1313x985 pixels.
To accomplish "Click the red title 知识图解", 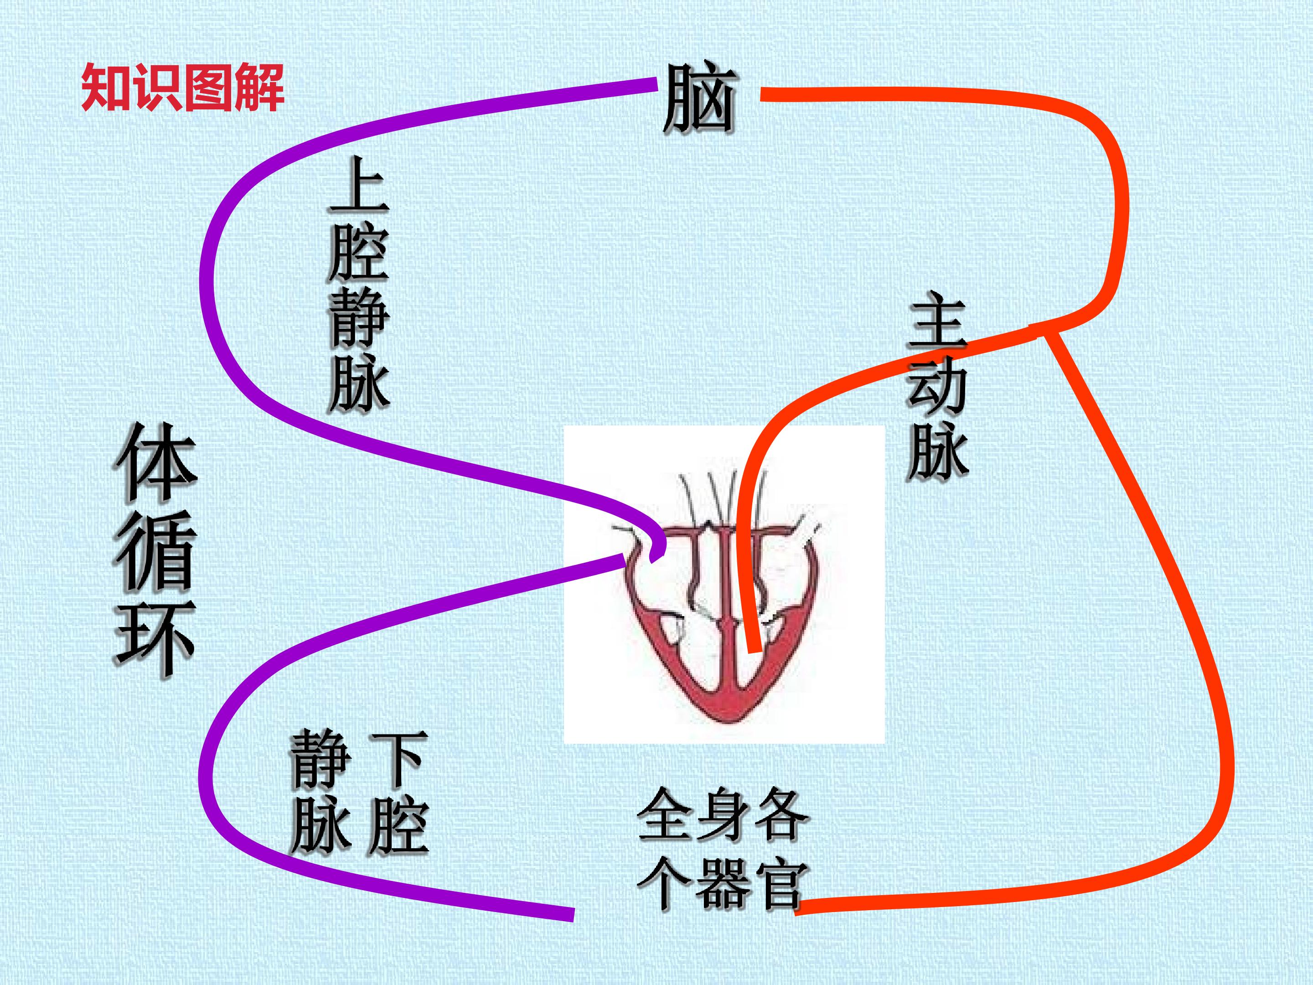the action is (x=182, y=88).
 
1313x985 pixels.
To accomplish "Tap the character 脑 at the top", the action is (x=700, y=98).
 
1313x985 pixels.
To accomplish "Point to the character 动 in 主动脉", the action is (x=938, y=389).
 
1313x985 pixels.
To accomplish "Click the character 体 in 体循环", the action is (x=155, y=462).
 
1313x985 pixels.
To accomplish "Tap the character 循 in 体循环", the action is (x=155, y=551).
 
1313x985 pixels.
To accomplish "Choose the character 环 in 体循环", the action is (x=155, y=639).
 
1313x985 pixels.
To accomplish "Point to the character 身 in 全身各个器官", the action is (x=722, y=814).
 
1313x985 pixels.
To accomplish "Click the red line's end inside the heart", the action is (x=755, y=651).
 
